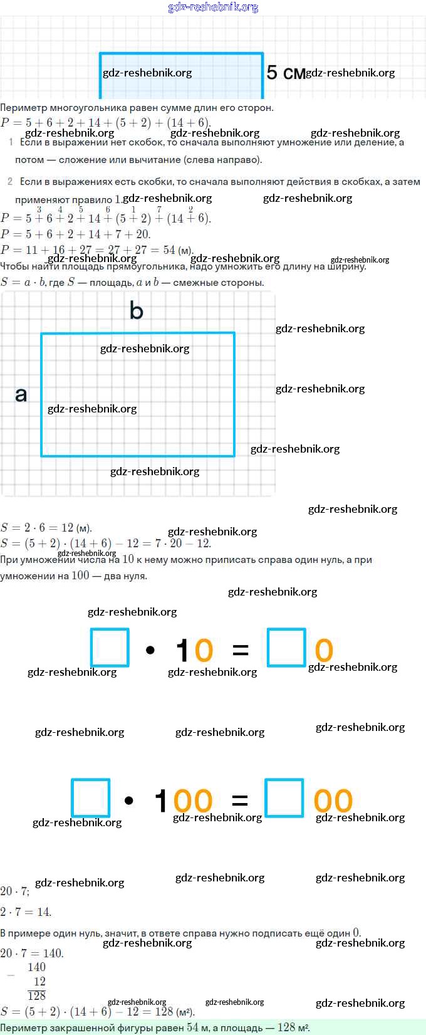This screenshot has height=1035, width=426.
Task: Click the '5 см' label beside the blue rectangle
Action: (285, 73)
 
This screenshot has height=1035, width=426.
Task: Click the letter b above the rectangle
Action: (136, 310)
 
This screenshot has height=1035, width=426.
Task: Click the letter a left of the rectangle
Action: (21, 394)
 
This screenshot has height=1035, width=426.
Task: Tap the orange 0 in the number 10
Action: (204, 650)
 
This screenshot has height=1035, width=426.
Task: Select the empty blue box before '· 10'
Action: (110, 648)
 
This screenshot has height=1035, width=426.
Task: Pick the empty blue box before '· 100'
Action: (91, 798)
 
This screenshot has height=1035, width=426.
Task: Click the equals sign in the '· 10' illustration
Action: (241, 650)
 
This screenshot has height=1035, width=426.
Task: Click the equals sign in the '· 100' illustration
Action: (239, 800)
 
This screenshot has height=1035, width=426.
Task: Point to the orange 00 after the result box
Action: (333, 801)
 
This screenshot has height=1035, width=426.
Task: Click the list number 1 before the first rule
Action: (11, 142)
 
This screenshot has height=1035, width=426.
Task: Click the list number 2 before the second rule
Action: (10, 181)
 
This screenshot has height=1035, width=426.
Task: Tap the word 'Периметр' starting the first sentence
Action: (21, 108)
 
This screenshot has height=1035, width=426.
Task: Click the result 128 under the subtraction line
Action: (37, 996)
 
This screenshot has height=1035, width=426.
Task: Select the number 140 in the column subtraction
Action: (36, 967)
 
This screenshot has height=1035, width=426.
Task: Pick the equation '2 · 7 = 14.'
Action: (26, 912)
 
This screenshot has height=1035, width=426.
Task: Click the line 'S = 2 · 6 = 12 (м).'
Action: (46, 527)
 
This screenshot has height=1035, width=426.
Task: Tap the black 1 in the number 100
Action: (161, 801)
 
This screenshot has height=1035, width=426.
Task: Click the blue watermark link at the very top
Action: (213, 7)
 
